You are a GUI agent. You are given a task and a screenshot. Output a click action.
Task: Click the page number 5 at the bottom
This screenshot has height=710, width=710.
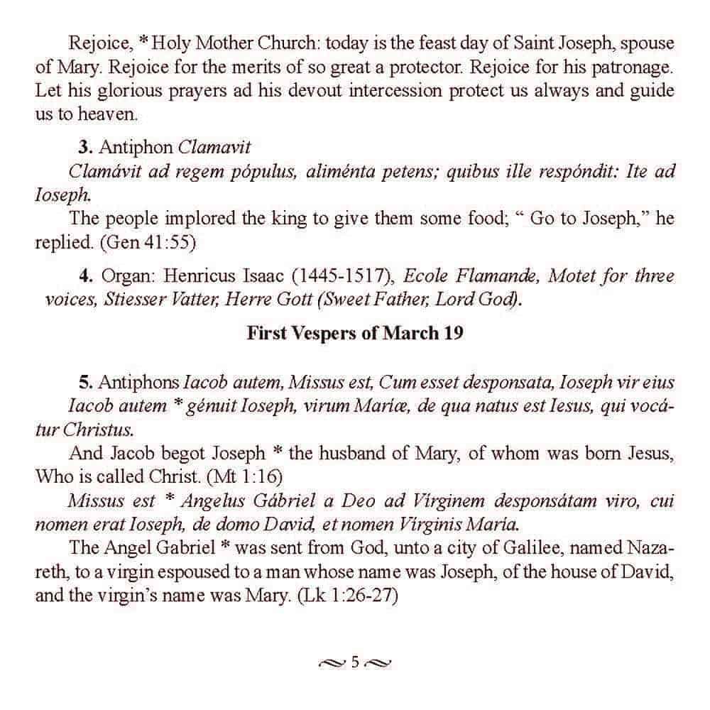click(x=355, y=663)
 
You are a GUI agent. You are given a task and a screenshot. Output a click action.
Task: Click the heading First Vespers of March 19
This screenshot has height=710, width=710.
click(x=355, y=333)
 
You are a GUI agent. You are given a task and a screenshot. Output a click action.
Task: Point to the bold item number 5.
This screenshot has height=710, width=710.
click(x=85, y=383)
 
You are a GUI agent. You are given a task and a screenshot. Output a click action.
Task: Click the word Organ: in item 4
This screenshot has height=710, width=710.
click(x=128, y=275)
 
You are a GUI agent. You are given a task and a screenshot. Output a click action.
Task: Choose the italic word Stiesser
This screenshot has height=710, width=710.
click(x=135, y=299)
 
